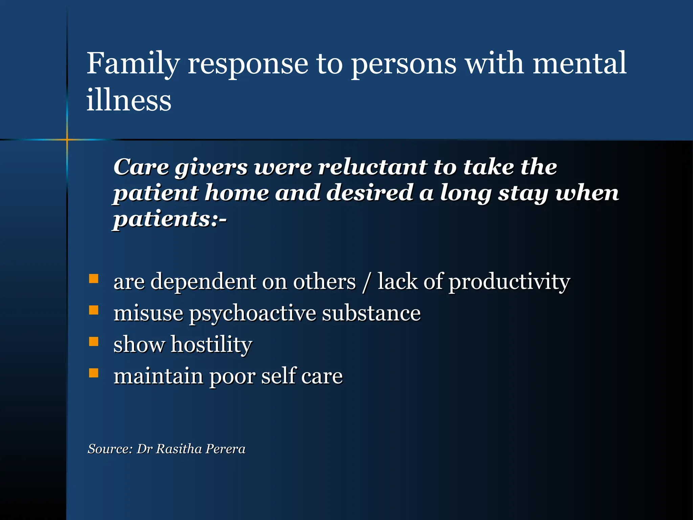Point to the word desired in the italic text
[370, 193]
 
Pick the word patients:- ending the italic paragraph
[170, 219]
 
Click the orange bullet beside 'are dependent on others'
[94, 279]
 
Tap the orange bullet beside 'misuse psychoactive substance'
[94, 310]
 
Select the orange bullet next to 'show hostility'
[94, 341]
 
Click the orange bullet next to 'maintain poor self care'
[94, 373]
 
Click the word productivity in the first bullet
[509, 282]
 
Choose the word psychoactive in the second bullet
[252, 313]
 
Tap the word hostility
[211, 345]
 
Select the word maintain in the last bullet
[158, 376]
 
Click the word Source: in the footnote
[110, 449]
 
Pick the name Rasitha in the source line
[179, 449]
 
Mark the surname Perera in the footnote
[225, 449]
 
